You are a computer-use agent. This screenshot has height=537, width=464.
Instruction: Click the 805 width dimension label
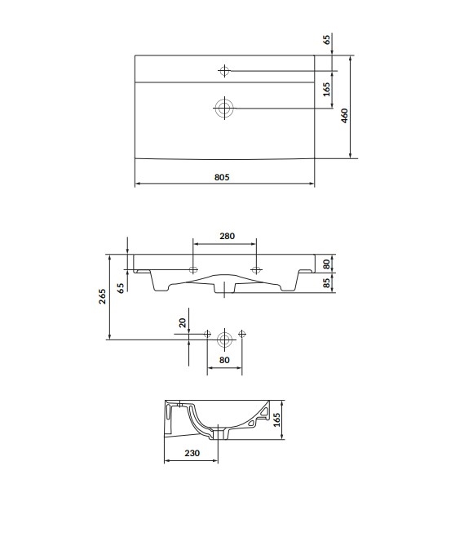coord(222,177)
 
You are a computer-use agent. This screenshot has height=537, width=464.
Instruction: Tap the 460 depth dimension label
coord(345,115)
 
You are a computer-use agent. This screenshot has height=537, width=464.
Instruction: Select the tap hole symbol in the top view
coord(224,71)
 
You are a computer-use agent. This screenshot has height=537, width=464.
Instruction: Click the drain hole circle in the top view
coord(224,108)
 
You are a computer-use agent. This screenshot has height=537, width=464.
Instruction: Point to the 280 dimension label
coord(228,236)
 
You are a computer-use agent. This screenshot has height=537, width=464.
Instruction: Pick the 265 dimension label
coord(102,296)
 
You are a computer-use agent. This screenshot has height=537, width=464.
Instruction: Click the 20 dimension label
coord(183,322)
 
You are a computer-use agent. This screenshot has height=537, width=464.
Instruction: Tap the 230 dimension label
coord(192,453)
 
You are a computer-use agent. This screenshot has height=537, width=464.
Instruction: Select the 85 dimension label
coord(327,283)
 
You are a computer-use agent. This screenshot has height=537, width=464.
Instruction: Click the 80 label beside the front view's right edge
coord(327,264)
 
